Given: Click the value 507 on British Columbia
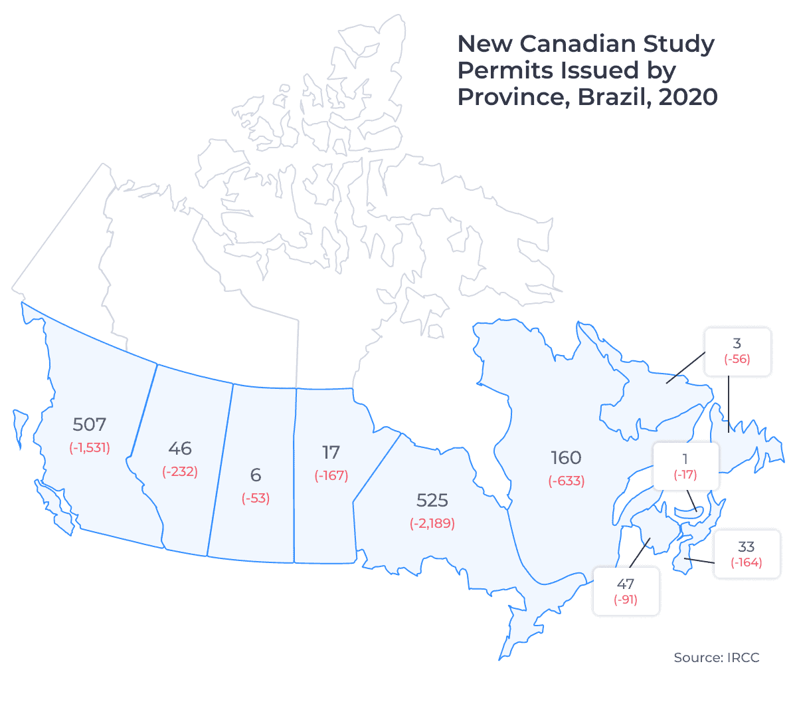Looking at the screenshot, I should [x=90, y=424].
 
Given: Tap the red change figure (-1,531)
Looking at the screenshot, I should [x=90, y=447].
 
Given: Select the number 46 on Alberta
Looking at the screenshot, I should [x=180, y=448].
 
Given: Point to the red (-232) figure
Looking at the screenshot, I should [x=180, y=471].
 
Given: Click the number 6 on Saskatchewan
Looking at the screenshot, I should [x=256, y=475].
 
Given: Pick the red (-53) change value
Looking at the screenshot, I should [x=256, y=498].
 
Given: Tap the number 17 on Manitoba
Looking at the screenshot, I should [x=331, y=452].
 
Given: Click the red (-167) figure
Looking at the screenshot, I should [x=331, y=475].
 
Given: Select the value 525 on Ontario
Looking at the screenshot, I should [x=432, y=500].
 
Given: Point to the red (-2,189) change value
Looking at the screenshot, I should [x=432, y=523].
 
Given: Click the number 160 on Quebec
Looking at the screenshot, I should [x=566, y=457].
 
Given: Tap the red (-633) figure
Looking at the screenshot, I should [x=566, y=481].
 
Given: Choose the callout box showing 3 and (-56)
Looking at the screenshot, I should [x=737, y=352].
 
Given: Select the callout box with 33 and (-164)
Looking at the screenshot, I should [x=747, y=554].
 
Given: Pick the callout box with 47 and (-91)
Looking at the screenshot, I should [x=626, y=591].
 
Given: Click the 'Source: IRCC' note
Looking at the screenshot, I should [x=716, y=657].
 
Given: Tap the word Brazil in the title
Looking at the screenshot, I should [x=614, y=97].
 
